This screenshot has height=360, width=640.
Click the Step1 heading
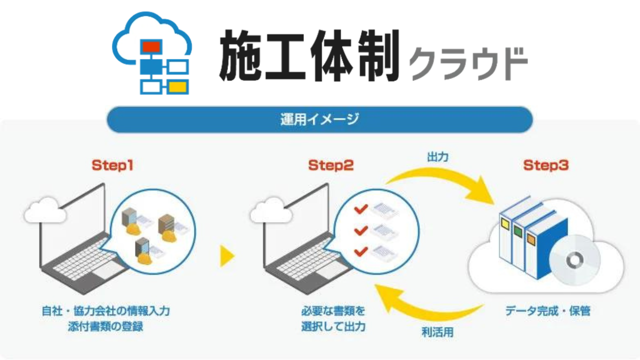point(112,165)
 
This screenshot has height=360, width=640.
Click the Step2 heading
point(331,165)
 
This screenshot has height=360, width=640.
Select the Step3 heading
point(546,165)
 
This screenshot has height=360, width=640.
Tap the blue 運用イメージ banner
point(319,119)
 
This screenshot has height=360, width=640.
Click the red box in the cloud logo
point(151,46)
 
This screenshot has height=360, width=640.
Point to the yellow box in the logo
point(178,87)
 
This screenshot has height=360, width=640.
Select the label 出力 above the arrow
point(437,157)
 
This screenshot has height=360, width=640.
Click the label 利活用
point(437,332)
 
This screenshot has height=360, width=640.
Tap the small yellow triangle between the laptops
point(227,256)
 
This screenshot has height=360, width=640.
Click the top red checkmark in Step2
point(361,209)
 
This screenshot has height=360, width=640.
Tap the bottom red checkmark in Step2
point(361,251)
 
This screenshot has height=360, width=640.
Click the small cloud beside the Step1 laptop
point(45,210)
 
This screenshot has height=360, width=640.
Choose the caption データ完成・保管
point(547,311)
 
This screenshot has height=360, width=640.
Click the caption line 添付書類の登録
point(105,326)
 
